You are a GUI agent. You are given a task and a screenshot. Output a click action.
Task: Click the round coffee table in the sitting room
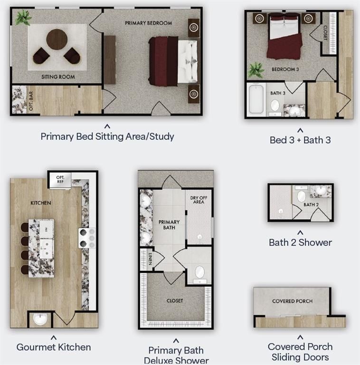(x=57, y=39)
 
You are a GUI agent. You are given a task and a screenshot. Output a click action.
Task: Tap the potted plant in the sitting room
(x=23, y=18)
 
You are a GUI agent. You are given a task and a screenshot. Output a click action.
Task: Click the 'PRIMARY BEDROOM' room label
(x=149, y=23)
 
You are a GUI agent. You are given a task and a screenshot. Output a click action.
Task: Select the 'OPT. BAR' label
(x=31, y=101)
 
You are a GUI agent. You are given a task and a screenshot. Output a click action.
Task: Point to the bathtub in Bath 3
(x=256, y=99)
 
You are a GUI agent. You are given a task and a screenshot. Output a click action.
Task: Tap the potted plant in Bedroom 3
(x=256, y=70)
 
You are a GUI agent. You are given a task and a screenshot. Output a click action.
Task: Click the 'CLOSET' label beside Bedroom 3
(x=325, y=33)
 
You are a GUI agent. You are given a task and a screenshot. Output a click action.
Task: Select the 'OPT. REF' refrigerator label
(x=60, y=179)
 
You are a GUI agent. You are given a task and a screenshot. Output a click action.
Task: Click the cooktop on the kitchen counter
(x=87, y=238)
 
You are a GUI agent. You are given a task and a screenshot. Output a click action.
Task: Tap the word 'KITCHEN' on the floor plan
(x=41, y=203)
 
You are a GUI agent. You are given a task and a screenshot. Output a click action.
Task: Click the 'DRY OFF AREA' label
(x=199, y=200)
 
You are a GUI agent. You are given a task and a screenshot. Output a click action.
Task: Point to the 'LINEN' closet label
(x=150, y=259)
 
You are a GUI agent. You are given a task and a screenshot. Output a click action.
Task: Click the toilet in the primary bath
(x=200, y=275)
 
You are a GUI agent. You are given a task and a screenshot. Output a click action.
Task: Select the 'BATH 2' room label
(x=311, y=205)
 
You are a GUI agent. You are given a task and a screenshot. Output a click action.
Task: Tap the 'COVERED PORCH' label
(x=293, y=301)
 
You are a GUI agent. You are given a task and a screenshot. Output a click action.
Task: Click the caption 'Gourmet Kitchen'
(x=54, y=347)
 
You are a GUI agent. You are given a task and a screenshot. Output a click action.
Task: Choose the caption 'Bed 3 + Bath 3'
(x=300, y=140)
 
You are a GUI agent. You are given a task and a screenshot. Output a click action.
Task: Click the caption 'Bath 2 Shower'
(x=300, y=242)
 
